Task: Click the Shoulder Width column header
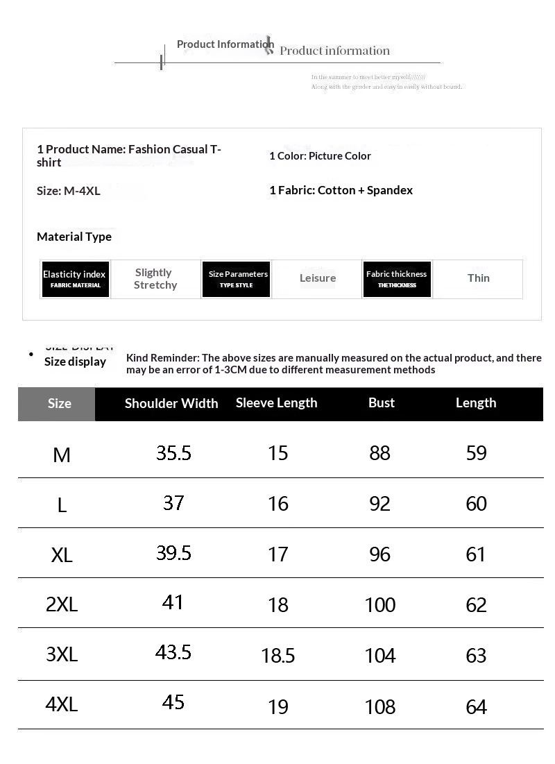pos(171,403)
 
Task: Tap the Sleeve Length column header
pos(276,403)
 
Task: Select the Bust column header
pos(382,403)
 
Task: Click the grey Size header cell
pos(59,403)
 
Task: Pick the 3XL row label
pos(62,654)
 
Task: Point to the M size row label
pos(62,455)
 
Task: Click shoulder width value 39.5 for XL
pos(173,553)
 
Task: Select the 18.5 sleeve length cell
pos(278,656)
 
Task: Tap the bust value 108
pos(380,706)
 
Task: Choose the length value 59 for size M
pos(477,453)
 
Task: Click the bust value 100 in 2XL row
pos(380,604)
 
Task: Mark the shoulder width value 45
pos(173,702)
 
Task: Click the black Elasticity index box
pos(76,279)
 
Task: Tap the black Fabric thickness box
pos(397,279)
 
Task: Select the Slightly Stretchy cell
pos(155,279)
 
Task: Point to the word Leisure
pos(318,278)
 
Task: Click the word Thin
pos(479,278)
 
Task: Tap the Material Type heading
pos(74,237)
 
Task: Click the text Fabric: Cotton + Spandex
pos(345,190)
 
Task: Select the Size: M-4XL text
pos(69,191)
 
